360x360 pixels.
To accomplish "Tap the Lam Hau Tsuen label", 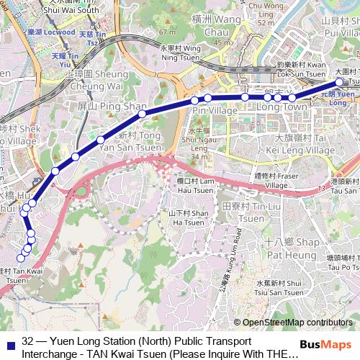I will pyautogui.click(x=195, y=185).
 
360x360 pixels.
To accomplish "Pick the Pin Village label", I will pyautogui.click(x=206, y=112).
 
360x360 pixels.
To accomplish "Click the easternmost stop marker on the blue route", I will pyautogui.click(x=340, y=82).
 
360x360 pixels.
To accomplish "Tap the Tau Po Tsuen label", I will pyautogui.click(x=341, y=262).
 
